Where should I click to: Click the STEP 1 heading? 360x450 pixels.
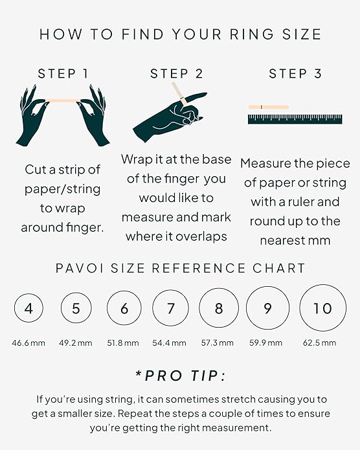click(x=63, y=74)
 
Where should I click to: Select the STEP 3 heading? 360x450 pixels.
click(x=295, y=74)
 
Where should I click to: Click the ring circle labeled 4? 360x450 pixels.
click(x=28, y=309)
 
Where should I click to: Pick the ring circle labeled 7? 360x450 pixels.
click(x=171, y=308)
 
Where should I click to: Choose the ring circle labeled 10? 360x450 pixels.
click(x=322, y=308)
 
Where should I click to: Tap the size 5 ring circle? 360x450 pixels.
click(x=76, y=309)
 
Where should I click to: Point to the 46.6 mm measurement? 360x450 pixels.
click(x=28, y=343)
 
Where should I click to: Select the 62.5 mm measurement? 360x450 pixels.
click(x=320, y=343)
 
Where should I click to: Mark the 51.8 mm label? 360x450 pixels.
click(x=123, y=343)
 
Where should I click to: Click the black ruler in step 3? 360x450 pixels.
click(x=295, y=118)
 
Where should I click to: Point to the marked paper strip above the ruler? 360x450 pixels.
click(x=268, y=107)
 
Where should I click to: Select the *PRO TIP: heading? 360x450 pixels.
click(x=180, y=376)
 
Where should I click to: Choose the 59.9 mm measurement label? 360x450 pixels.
click(x=267, y=343)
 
